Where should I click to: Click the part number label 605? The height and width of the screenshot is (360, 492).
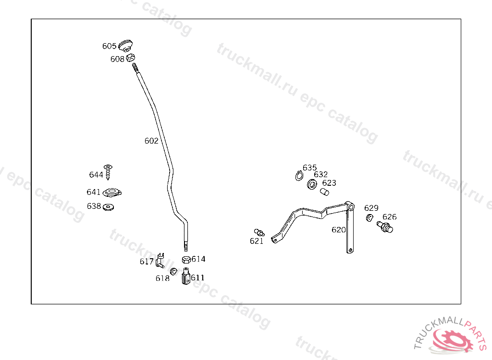(109, 46)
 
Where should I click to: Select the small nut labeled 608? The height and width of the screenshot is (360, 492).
(130, 58)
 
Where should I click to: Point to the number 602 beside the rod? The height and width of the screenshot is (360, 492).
(151, 141)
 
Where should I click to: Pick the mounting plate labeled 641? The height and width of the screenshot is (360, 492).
(112, 193)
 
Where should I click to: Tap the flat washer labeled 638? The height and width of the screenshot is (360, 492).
(109, 207)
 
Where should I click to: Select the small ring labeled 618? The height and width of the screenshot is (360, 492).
(173, 272)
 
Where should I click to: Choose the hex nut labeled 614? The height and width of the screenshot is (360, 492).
(186, 260)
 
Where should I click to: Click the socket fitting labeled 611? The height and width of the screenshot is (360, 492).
(186, 277)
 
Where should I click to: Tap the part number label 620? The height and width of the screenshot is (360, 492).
(338, 230)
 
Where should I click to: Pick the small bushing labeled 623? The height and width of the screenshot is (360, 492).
(325, 192)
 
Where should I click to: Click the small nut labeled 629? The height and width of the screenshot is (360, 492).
(369, 218)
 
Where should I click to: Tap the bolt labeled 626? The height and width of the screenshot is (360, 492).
(385, 227)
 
